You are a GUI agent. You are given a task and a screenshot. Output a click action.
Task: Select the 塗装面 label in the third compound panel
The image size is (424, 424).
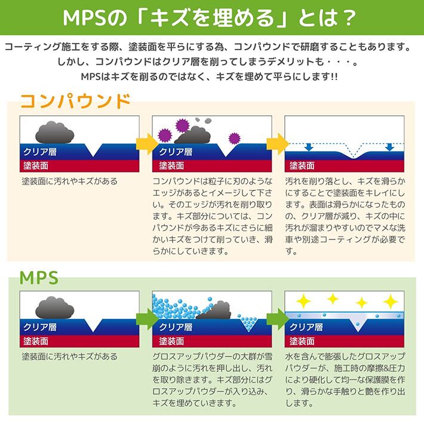302,165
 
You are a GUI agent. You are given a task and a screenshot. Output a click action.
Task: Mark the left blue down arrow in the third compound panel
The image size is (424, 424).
309,147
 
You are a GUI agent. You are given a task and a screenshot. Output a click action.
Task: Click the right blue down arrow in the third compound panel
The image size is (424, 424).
389,147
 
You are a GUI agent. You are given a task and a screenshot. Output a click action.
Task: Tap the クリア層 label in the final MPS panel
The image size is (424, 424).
305,327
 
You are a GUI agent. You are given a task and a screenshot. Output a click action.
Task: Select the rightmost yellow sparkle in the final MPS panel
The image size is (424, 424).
389,300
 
